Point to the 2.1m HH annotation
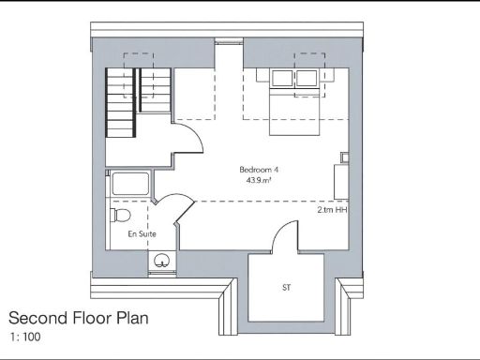pyautogui.click(x=332, y=211)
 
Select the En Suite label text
pyautogui.click(x=142, y=233)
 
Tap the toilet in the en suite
pyautogui.click(x=120, y=216)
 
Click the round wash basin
pyautogui.click(x=162, y=260)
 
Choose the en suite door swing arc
pyautogui.click(x=169, y=208)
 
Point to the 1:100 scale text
pyautogui.click(x=26, y=336)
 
